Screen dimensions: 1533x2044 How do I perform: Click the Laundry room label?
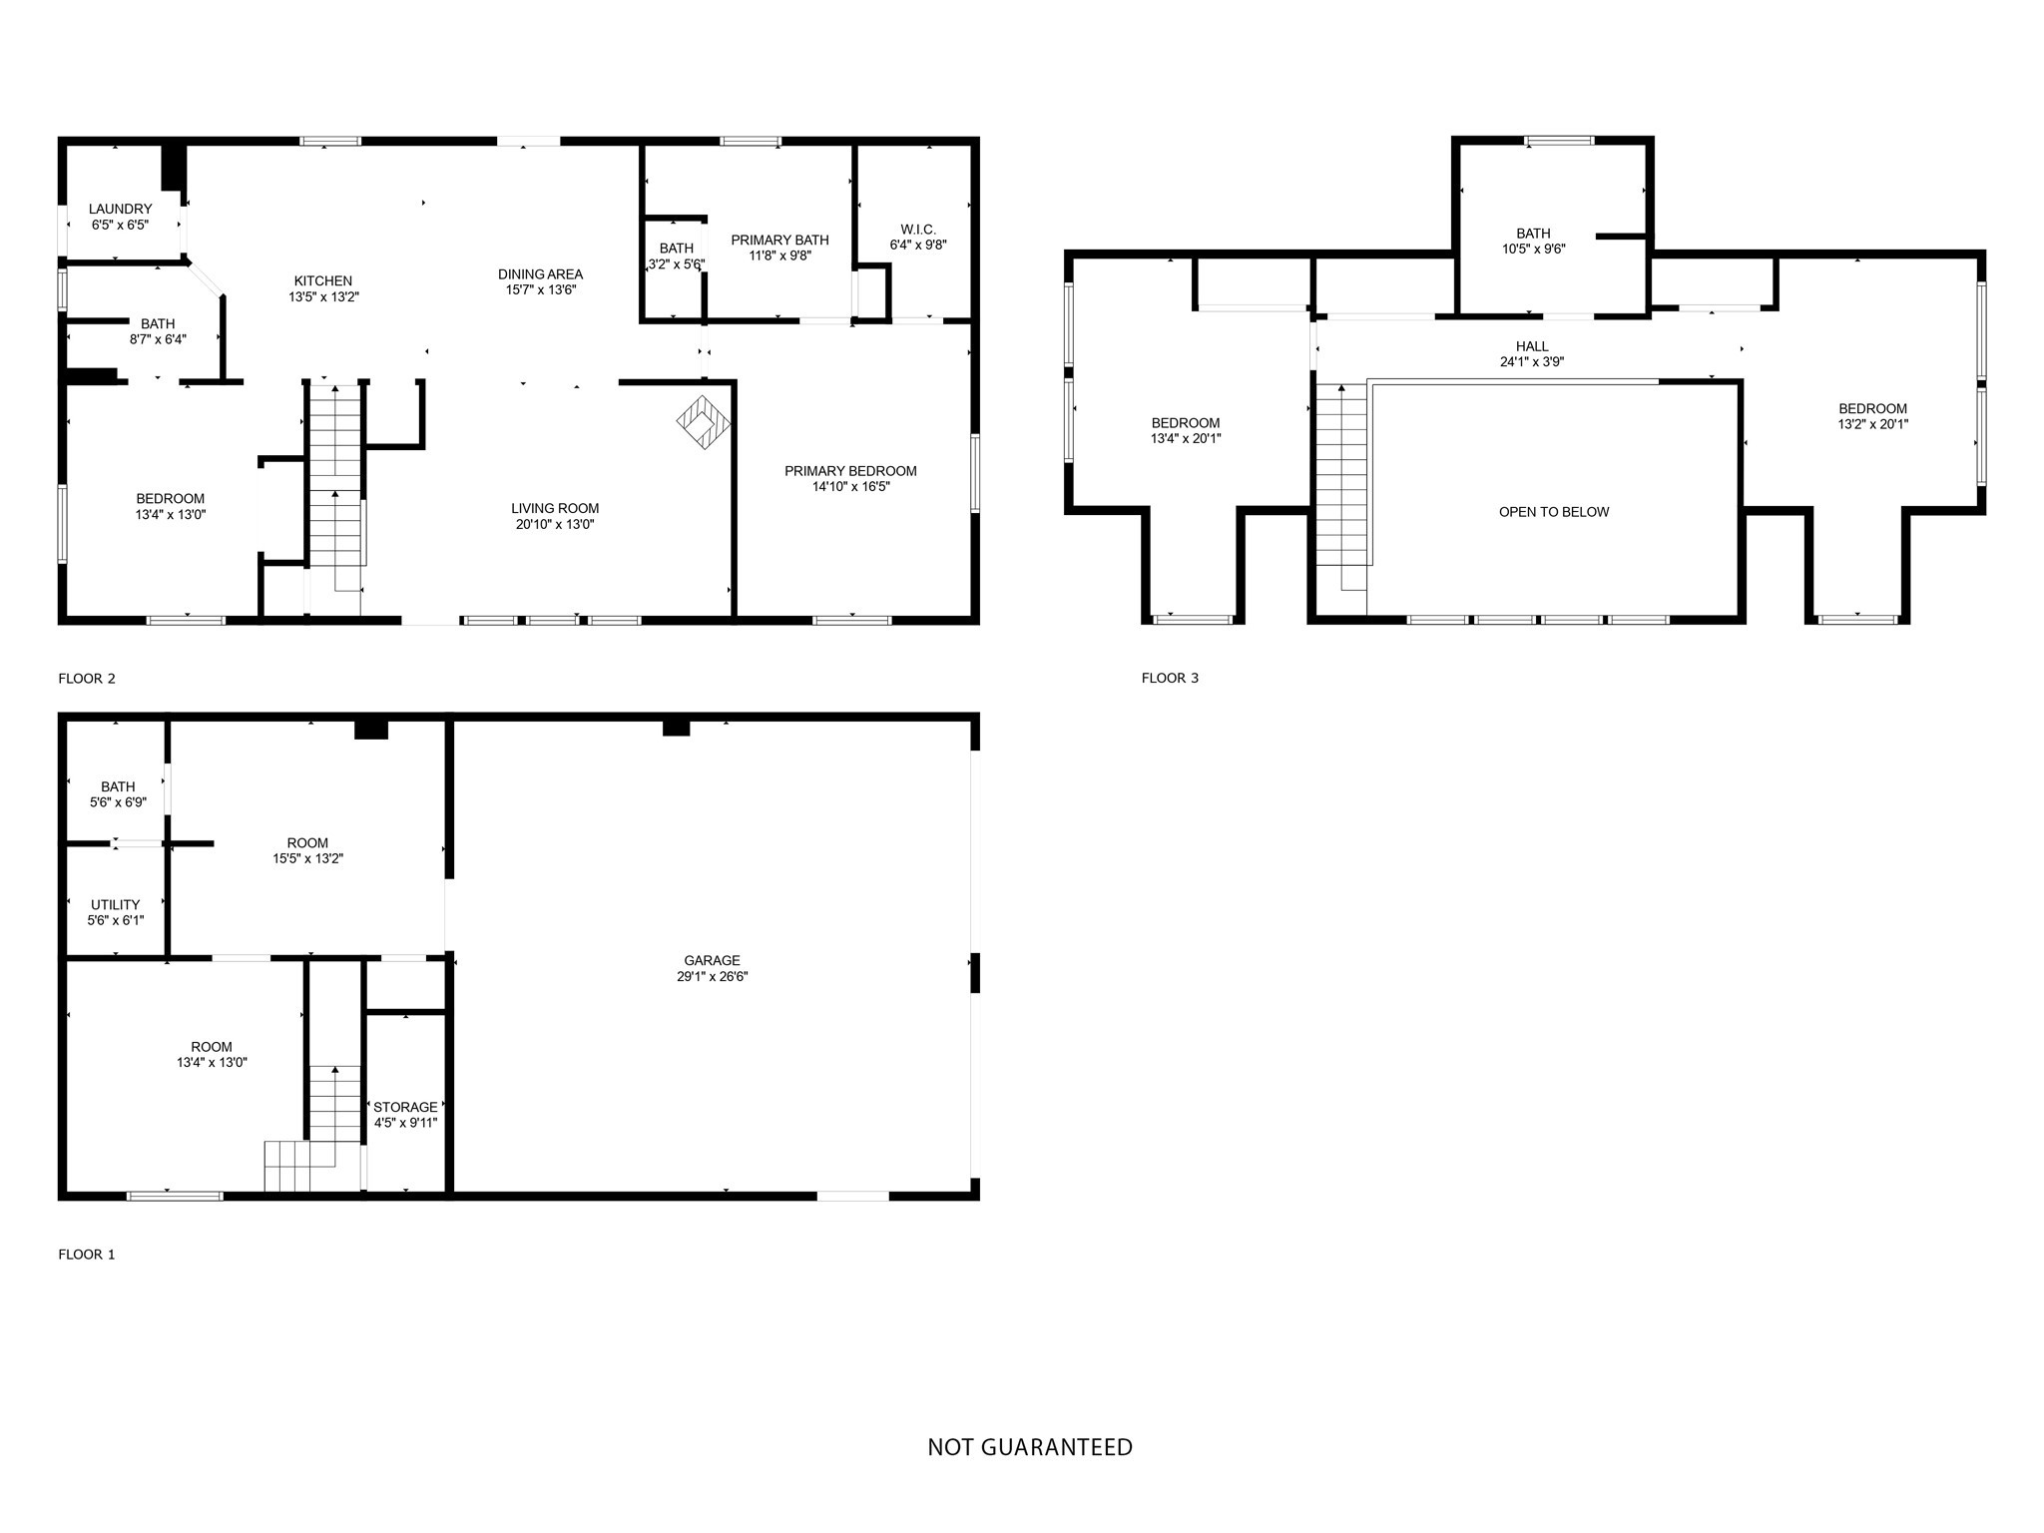[120, 209]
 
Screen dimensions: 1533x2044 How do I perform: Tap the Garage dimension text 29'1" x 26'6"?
[712, 977]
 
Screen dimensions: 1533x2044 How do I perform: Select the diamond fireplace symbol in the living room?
[704, 423]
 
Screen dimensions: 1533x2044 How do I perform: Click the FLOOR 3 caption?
[1170, 678]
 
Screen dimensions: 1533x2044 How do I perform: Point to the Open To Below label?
[1553, 512]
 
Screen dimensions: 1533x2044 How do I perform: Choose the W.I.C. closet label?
[917, 230]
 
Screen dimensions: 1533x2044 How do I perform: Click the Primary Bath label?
[779, 240]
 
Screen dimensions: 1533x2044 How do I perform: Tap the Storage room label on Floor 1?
[405, 1107]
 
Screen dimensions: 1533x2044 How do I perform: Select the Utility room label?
[116, 905]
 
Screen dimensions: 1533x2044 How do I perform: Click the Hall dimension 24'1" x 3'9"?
[1532, 362]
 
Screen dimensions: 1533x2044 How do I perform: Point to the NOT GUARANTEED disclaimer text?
[1030, 1447]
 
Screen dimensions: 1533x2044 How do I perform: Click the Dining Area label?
[540, 274]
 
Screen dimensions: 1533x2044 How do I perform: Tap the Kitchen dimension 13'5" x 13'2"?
[323, 296]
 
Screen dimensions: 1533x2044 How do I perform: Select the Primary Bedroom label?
[850, 471]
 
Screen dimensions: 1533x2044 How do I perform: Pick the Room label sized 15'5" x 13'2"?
[307, 843]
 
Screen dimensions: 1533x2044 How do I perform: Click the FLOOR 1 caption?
[87, 1255]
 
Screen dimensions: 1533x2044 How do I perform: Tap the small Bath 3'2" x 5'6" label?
[677, 249]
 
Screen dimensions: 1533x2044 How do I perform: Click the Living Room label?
[555, 508]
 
